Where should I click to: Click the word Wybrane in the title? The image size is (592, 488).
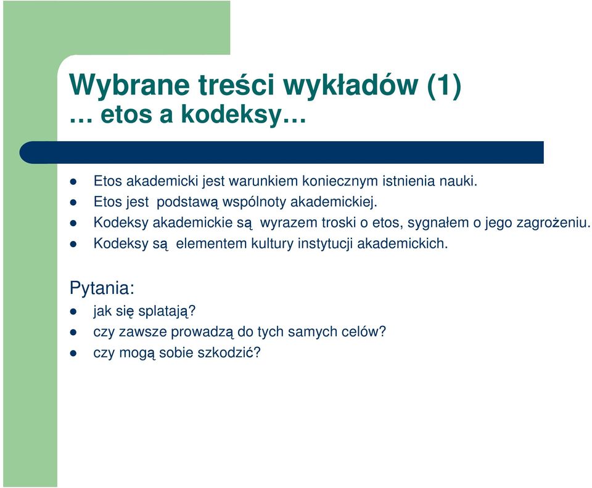129,86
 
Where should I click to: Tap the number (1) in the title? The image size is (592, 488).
445,85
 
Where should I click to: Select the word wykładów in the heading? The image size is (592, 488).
351,85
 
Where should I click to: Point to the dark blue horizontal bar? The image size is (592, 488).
282,152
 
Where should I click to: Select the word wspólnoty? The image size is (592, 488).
254,201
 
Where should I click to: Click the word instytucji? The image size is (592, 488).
325,243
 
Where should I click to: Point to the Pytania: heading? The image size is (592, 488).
102,288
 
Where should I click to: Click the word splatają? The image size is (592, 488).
167,311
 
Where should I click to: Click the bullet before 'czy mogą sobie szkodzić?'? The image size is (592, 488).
73,353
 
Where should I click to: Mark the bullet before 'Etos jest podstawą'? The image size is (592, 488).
73,203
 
